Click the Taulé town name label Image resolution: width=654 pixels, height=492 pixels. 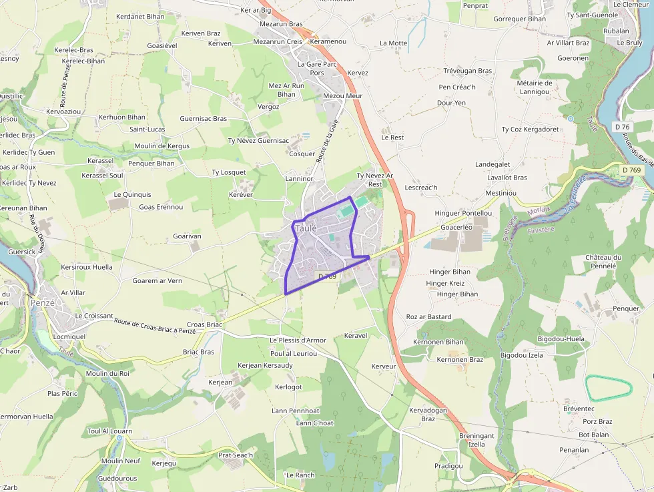pos(306,228)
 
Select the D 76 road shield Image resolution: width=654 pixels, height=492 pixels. pos(623,127)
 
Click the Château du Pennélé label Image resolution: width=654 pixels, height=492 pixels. pos(603,262)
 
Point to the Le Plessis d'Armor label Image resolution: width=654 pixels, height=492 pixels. pos(298,340)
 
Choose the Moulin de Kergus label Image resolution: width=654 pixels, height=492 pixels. pos(161,146)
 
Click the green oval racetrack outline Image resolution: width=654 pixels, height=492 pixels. pos(608,389)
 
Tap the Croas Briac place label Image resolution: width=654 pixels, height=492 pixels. pos(204,324)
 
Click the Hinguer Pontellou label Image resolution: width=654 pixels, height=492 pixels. pos(463,214)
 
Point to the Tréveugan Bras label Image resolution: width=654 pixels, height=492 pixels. pos(467,71)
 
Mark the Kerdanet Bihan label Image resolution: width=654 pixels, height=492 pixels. pos(140,17)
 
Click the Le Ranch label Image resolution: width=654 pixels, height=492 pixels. pos(300,475)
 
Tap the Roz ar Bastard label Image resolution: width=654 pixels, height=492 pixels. pos(428,316)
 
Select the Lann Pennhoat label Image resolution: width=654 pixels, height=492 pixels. pos(296,411)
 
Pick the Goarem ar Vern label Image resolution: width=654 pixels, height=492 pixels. pos(157,281)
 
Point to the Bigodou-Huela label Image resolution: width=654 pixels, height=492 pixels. pos(561,339)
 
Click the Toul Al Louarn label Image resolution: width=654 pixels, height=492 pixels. pos(110,431)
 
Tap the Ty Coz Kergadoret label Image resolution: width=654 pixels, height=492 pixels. pos(530,130)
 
